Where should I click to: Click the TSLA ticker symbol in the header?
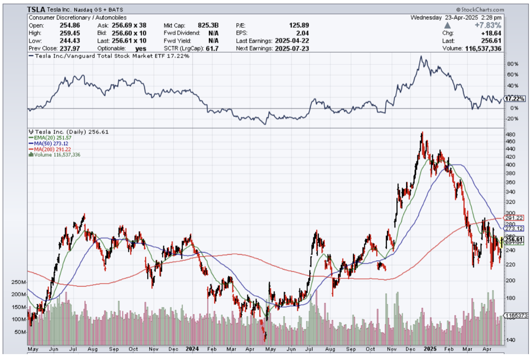pyautogui.click(x=36, y=10)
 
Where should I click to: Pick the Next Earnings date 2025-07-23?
pyautogui.click(x=292, y=49)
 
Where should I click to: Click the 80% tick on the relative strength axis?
pyautogui.click(x=512, y=64)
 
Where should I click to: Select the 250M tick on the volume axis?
pyautogui.click(x=18, y=282)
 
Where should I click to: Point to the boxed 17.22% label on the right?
pyautogui.click(x=515, y=98)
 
